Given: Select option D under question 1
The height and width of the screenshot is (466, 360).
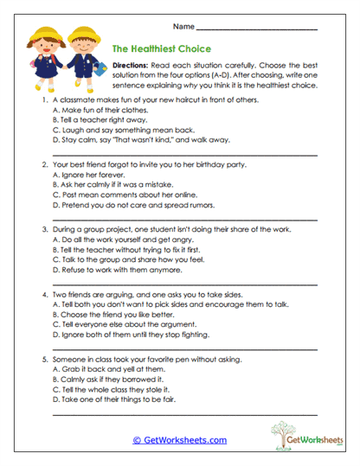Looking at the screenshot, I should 126,137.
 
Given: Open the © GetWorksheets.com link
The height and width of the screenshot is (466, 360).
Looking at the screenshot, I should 180,440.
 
